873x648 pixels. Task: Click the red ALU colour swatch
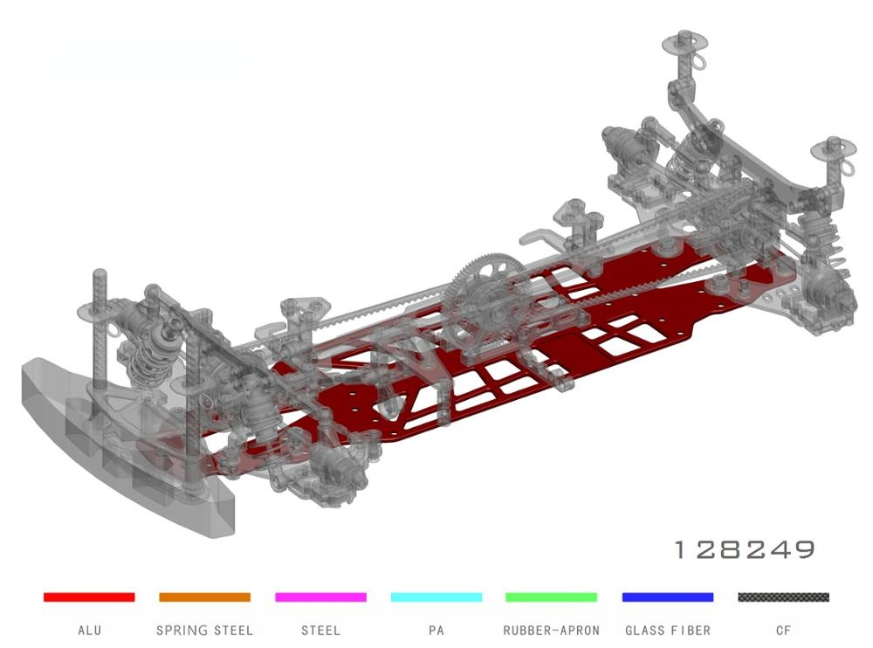click(89, 596)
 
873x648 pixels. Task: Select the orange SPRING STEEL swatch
click(204, 596)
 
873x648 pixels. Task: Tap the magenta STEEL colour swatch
click(320, 596)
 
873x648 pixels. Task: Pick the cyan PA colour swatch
click(436, 596)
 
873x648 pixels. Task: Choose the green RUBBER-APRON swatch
click(551, 596)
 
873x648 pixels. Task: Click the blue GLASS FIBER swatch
click(668, 596)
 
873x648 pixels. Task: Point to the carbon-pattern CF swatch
click(783, 596)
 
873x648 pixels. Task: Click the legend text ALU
click(90, 631)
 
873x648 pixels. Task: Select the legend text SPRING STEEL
click(204, 631)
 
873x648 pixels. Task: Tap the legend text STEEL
click(320, 631)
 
